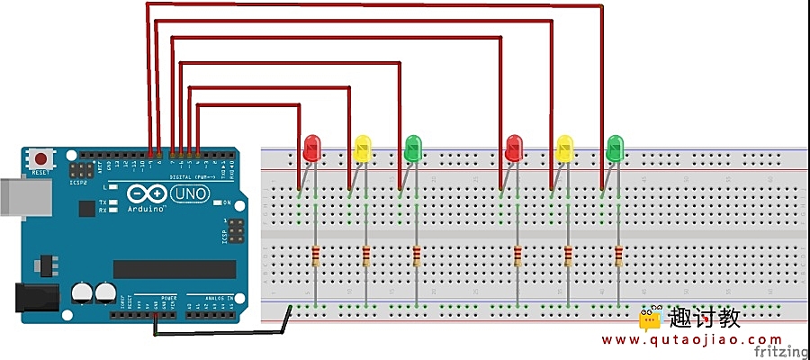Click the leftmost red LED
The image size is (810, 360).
312,148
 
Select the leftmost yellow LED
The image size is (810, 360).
363,148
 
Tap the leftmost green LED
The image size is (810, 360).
413,148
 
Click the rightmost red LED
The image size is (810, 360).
514,148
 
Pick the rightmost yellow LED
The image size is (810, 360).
564,148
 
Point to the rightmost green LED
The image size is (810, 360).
615,148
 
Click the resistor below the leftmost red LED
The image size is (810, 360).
314,257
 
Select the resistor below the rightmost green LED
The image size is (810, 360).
617,257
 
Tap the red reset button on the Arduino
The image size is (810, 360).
40,159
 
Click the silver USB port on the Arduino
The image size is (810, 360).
13,198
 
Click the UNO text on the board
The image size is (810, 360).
186,193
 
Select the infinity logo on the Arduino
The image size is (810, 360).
145,193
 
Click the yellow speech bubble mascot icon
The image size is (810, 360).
651,318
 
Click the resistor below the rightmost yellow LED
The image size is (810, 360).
567,257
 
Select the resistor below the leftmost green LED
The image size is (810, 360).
416,257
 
